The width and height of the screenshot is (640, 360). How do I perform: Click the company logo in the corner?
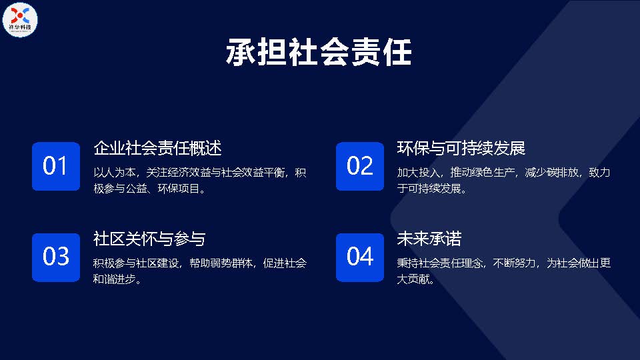pyautogui.click(x=19, y=19)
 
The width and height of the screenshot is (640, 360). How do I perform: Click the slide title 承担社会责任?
pyautogui.click(x=319, y=52)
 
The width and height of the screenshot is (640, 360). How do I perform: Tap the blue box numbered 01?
pyautogui.click(x=56, y=166)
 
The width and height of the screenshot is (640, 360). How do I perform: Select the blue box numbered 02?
pyautogui.click(x=360, y=166)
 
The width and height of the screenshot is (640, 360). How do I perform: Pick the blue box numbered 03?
pyautogui.click(x=56, y=257)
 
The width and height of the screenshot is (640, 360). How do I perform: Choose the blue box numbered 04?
pyautogui.click(x=360, y=257)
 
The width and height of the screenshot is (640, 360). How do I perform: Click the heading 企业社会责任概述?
pyautogui.click(x=157, y=148)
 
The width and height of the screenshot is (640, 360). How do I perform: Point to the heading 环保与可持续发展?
pyautogui.click(x=461, y=148)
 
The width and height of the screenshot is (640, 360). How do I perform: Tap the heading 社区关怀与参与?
pyautogui.click(x=149, y=239)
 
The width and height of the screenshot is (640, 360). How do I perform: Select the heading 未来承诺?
pyautogui.click(x=429, y=239)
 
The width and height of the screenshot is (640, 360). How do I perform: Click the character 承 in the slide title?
pyautogui.click(x=241, y=52)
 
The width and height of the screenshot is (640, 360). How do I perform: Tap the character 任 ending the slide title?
pyautogui.click(x=397, y=52)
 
